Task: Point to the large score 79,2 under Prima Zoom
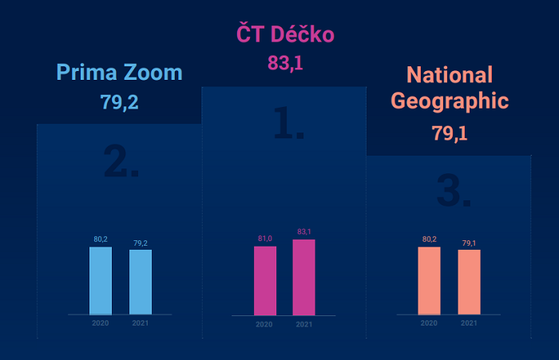click(120, 102)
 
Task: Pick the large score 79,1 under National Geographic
click(450, 133)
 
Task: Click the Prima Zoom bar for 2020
click(101, 280)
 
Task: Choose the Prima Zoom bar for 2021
click(141, 282)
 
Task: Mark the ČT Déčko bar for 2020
click(265, 280)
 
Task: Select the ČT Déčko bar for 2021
click(304, 277)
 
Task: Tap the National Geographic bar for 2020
click(430, 280)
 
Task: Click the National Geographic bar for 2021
click(470, 282)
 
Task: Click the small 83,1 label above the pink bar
click(304, 232)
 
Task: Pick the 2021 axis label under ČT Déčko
click(304, 324)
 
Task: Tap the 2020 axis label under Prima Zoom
click(101, 323)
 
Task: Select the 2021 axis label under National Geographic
click(470, 323)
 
